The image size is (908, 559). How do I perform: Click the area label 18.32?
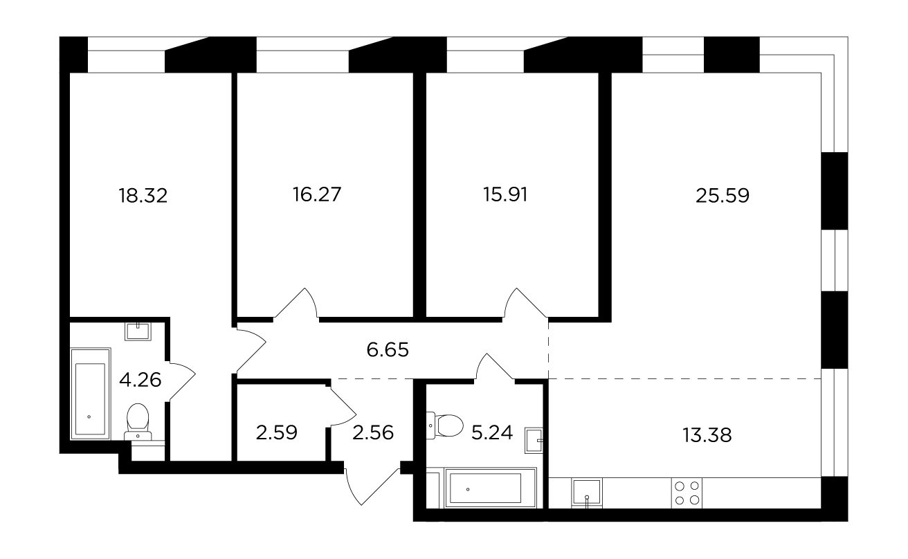pos(143,196)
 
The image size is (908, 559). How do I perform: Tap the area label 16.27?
pos(317,194)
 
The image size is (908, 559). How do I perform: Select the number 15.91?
pos(505,194)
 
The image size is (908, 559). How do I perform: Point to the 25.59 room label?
pos(723,196)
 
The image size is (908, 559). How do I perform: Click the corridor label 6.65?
pos(388,349)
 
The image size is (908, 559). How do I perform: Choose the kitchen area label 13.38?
pos(707,435)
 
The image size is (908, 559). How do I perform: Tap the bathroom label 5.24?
pos(492,432)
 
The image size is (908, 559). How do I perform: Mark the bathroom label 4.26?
pos(140,380)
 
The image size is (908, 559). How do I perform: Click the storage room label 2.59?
pos(276,432)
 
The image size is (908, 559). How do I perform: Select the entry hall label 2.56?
pos(373,432)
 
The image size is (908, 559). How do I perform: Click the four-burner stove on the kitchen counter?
pos(687,493)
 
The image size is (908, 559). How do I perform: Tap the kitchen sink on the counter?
pos(587,493)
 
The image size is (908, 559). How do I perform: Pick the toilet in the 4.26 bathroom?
pos(138,422)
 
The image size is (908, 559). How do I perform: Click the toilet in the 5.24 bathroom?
pos(445,425)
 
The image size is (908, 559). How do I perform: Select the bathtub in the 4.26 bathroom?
pos(91,394)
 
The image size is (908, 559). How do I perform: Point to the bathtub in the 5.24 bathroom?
pos(491,488)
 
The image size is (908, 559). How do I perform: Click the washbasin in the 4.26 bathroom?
pos(138,332)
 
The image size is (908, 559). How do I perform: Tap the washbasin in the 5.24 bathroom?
pos(534,440)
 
